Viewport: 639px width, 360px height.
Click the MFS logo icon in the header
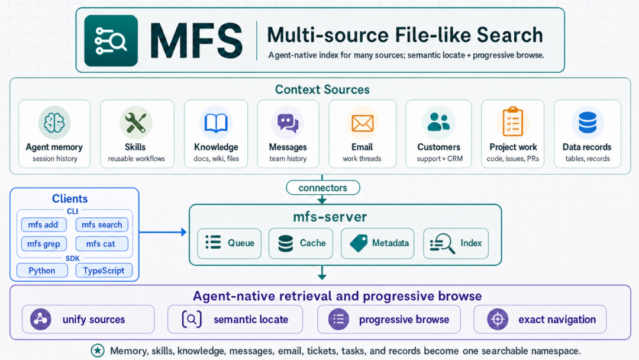point(111,41)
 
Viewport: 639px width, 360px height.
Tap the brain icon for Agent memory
point(54,123)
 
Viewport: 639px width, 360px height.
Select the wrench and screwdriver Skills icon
point(135,123)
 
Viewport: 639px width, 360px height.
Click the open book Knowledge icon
point(216,123)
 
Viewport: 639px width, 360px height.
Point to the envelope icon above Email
point(362,123)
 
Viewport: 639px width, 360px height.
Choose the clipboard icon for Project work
point(512,121)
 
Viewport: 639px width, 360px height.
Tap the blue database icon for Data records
point(588,123)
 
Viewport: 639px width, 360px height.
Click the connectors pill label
point(323,188)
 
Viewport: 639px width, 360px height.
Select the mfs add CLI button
point(44,224)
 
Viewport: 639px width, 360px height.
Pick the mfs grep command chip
point(44,244)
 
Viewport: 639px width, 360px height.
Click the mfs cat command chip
point(102,244)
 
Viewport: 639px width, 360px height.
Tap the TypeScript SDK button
point(104,271)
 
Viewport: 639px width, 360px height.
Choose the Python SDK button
point(42,271)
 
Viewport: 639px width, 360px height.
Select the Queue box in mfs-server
point(230,243)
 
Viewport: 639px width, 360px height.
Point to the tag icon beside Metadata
point(359,243)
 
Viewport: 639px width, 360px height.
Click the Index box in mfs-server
point(456,243)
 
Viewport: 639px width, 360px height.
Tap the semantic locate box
point(235,319)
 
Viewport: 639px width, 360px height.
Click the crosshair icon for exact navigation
point(498,319)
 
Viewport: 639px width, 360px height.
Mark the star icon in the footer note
point(98,351)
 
